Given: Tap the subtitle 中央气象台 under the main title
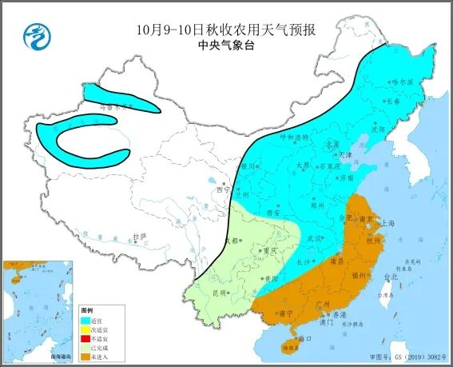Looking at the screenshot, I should pos(225,46).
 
